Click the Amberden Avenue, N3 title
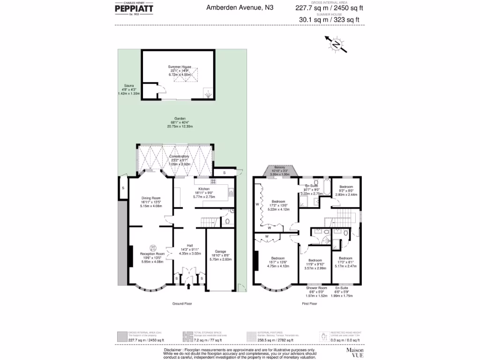240,7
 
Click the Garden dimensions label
180,122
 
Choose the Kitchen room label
203,192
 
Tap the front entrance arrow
189,285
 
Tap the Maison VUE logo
355,352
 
